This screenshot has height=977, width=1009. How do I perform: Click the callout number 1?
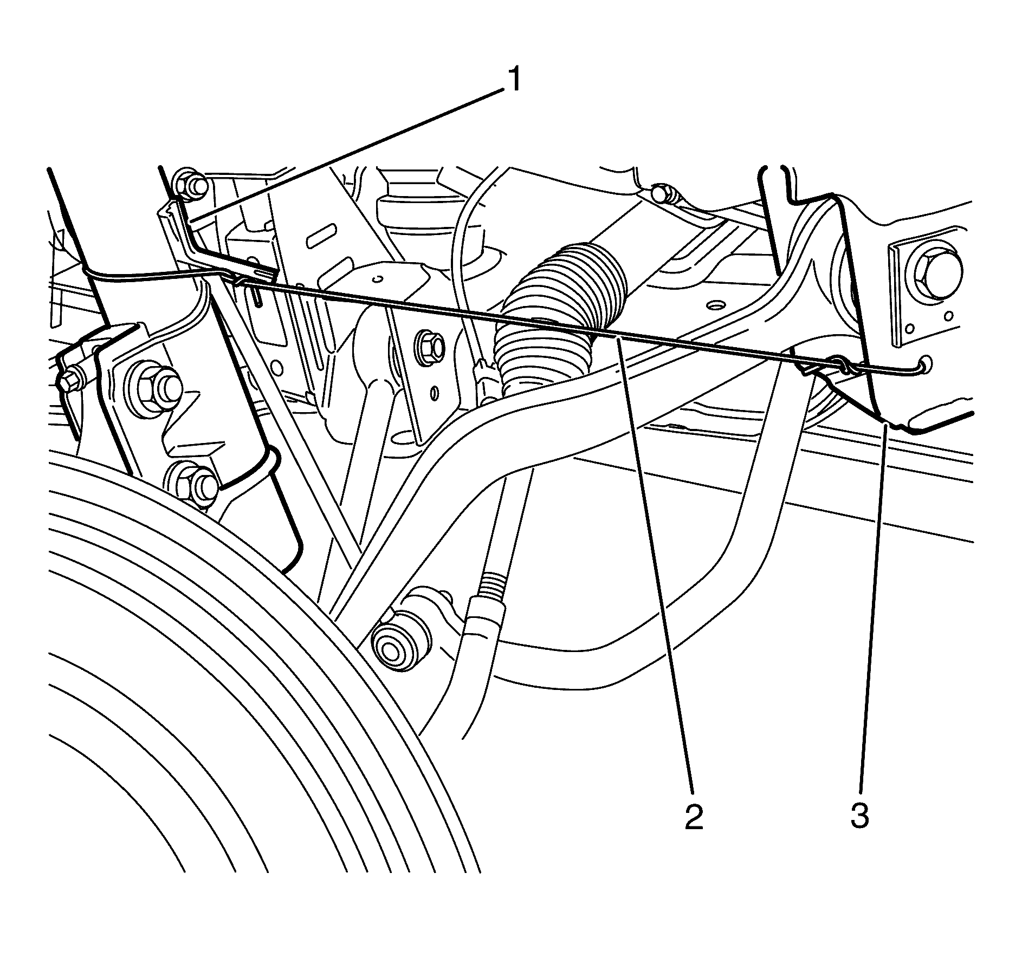click(512, 80)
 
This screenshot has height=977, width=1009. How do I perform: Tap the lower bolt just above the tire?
click(196, 480)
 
